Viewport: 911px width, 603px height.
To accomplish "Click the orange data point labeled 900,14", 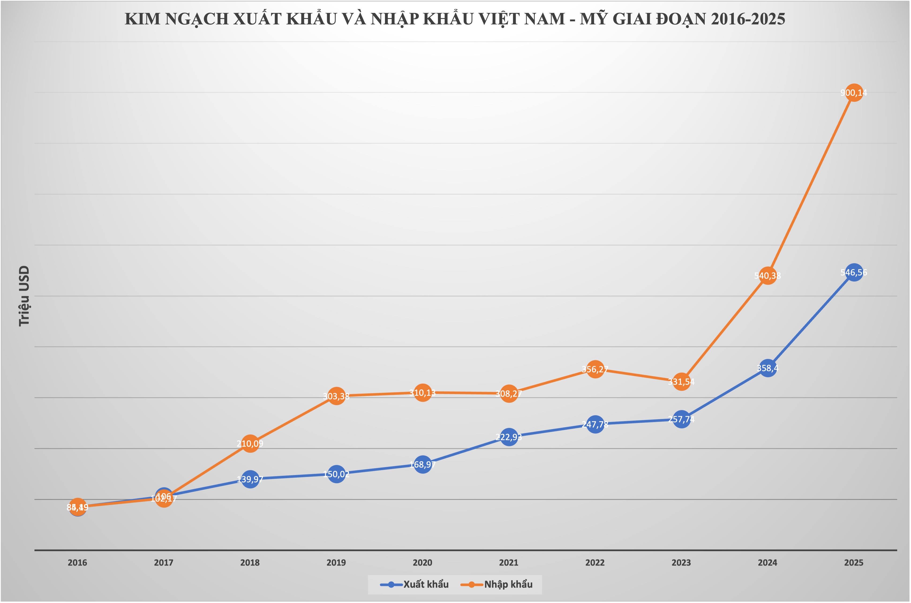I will (x=854, y=93).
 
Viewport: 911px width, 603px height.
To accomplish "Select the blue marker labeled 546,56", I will (x=854, y=273).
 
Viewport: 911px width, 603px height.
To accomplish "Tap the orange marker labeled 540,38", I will (x=768, y=276).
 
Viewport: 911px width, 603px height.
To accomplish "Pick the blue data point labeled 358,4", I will (x=768, y=368).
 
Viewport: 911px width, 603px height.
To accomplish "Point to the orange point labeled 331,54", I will (x=681, y=382).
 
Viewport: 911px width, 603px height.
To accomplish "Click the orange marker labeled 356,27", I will (x=595, y=369).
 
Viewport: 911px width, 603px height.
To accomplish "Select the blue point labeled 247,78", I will (x=595, y=424).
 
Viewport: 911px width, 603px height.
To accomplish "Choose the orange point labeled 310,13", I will (x=422, y=393).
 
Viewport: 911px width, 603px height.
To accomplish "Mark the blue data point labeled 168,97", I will (x=422, y=465).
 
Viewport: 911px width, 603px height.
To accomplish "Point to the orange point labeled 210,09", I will (x=250, y=444).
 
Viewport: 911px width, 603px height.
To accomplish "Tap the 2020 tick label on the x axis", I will (x=422, y=563).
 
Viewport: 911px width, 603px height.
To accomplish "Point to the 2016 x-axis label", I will (x=77, y=563).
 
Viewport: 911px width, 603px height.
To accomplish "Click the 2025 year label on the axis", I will (x=854, y=563).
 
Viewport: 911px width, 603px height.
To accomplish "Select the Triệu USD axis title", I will (x=24, y=296).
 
